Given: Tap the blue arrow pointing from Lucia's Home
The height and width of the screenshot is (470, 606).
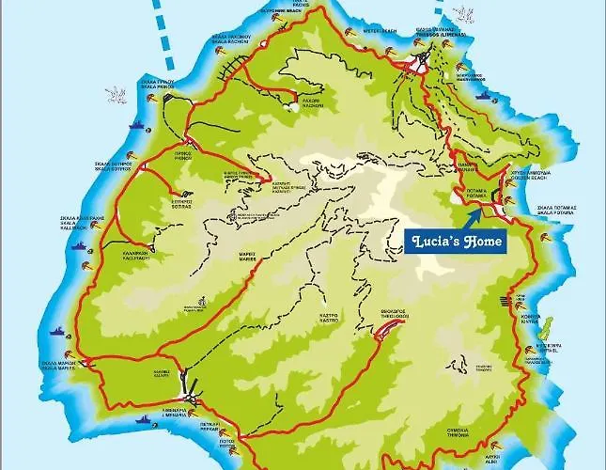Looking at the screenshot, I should (x=474, y=217).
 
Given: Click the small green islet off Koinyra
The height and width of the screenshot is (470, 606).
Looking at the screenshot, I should (x=549, y=328).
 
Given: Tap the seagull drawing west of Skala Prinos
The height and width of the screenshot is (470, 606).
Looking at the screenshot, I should (x=116, y=93).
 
